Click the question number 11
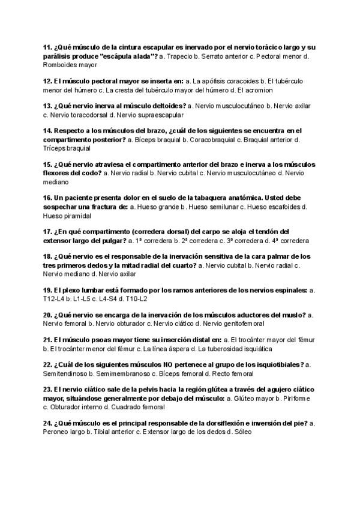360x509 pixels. pos(48,47)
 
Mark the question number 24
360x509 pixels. pos(48,423)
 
